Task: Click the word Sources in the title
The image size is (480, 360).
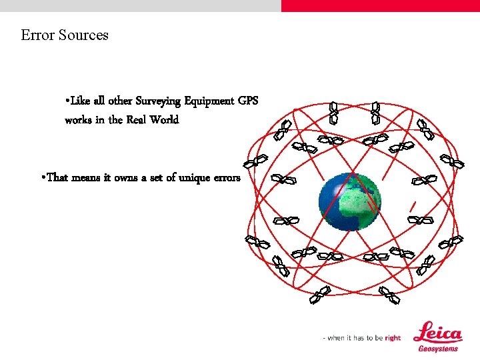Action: pyautogui.click(x=83, y=35)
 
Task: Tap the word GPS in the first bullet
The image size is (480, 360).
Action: pyautogui.click(x=247, y=101)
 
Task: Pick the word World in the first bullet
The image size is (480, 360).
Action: pyautogui.click(x=165, y=120)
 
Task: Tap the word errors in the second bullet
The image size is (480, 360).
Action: pyautogui.click(x=227, y=177)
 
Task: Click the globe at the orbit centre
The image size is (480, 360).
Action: pyautogui.click(x=349, y=201)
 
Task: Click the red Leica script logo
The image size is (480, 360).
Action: pyautogui.click(x=437, y=332)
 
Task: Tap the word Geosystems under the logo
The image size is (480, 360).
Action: pyautogui.click(x=438, y=349)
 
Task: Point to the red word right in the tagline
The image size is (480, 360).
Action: pyautogui.click(x=393, y=338)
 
